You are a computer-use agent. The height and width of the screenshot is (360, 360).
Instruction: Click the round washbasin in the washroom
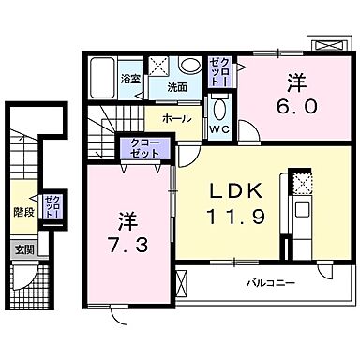tap(190, 67)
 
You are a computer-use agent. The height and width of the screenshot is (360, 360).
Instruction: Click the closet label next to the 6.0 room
tap(217, 68)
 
